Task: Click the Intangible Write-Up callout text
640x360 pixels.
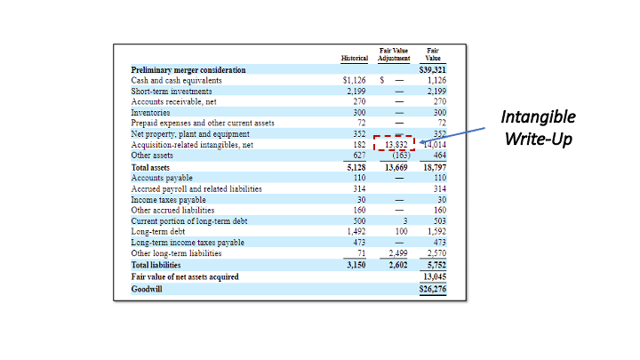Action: pyautogui.click(x=538, y=128)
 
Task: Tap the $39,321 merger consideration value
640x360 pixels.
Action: pyautogui.click(x=432, y=69)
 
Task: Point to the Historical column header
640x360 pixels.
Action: pyautogui.click(x=354, y=58)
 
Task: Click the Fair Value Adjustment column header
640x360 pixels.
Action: pyautogui.click(x=394, y=54)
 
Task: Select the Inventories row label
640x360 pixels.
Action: pyautogui.click(x=152, y=112)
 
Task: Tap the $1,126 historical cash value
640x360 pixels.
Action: pyautogui.click(x=355, y=80)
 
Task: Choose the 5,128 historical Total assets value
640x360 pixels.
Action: pyautogui.click(x=356, y=166)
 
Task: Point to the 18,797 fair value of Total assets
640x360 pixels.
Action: pyautogui.click(x=433, y=166)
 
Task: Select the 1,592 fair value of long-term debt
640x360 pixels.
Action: pyautogui.click(x=435, y=231)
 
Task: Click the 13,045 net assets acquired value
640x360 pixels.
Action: pyautogui.click(x=433, y=276)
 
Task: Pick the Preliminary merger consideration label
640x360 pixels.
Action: pyautogui.click(x=188, y=69)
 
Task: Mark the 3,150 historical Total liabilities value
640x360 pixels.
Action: pyautogui.click(x=356, y=265)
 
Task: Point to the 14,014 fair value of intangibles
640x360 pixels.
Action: pyautogui.click(x=434, y=144)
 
